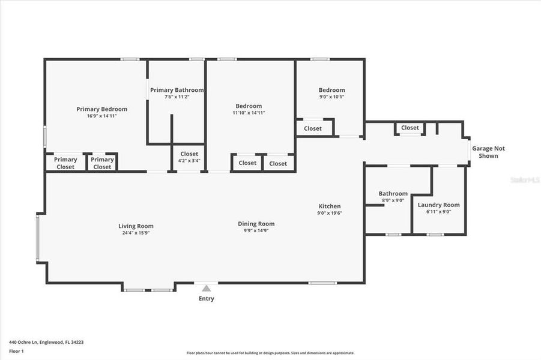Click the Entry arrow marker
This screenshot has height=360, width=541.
coord(206,289)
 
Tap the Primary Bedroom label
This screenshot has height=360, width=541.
coord(101,109)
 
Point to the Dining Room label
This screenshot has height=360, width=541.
coord(256,224)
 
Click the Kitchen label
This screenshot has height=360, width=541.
coord(329,206)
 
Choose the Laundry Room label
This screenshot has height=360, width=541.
coord(438,205)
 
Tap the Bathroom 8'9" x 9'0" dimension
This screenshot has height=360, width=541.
coord(393,200)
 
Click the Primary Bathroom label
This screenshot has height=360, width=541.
coord(177,90)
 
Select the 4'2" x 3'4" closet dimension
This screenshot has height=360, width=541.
coord(189,161)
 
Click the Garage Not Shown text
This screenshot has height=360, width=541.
coord(485,152)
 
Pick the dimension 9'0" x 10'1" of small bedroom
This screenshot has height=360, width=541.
coord(331,97)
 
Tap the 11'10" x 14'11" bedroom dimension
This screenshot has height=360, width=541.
coord(249,113)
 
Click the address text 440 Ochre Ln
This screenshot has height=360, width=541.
coord(46,342)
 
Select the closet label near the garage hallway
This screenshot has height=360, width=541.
coord(410,128)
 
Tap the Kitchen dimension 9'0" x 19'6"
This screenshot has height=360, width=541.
coord(329,213)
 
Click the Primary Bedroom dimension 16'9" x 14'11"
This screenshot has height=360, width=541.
coord(101,116)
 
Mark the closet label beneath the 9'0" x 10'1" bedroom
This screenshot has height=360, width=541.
coord(312,128)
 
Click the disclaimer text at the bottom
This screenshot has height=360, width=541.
coord(270,353)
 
